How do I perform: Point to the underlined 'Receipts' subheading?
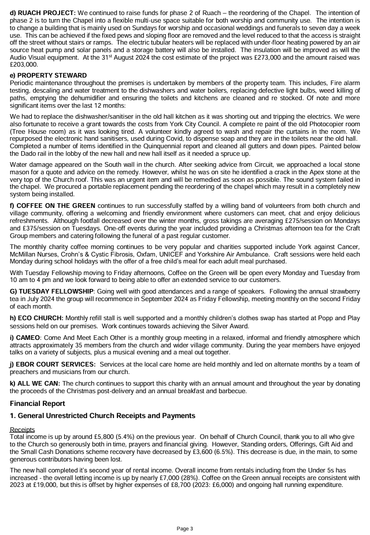[x=23, y=429]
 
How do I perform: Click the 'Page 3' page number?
[x=184, y=528]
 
